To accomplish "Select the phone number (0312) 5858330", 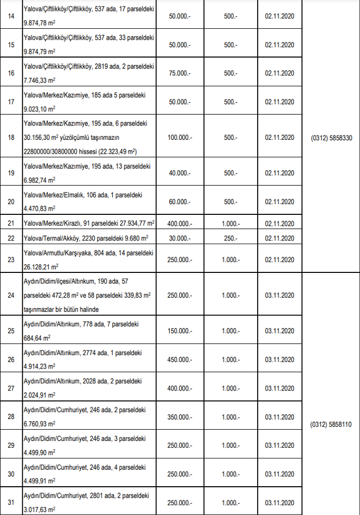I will (332, 138).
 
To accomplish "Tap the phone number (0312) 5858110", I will (332, 425).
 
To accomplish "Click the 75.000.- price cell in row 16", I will (179, 73).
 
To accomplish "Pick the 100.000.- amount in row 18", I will (179, 138).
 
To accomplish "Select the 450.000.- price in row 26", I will (179, 360).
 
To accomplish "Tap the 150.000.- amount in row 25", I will (179, 332).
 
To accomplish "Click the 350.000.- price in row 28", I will (179, 417).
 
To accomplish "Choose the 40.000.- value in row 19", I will (179, 173).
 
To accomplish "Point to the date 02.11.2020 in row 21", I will (279, 224).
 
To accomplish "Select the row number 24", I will (11, 296).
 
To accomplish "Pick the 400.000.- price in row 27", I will (179, 388).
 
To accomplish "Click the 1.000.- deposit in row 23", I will (230, 260).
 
